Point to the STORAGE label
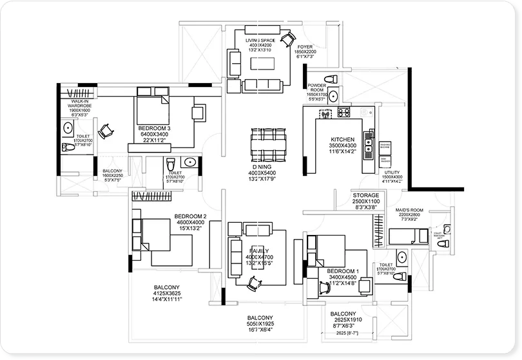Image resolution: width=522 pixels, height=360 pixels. tap(365, 194)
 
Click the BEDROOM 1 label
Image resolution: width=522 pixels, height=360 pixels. tap(342, 271)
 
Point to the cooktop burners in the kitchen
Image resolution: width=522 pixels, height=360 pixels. tap(344, 113)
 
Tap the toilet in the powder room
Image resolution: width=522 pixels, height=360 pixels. tap(331, 79)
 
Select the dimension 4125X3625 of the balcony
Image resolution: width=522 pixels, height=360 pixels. tap(166, 294)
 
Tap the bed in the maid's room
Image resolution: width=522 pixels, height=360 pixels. tap(401, 236)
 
